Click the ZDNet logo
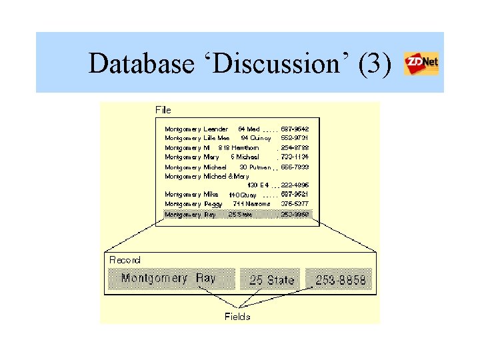click(421, 65)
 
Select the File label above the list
click(163, 109)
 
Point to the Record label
click(125, 259)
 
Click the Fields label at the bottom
click(237, 316)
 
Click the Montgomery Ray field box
click(172, 279)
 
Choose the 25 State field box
click(271, 279)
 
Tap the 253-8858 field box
click(341, 279)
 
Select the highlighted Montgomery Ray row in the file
click(237, 215)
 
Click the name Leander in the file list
click(215, 129)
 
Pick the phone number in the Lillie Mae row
click(294, 138)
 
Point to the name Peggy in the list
click(213, 203)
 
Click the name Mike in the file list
click(211, 194)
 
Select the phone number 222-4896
click(294, 185)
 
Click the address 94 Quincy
click(256, 138)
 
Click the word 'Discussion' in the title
click(281, 64)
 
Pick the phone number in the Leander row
click(294, 129)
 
